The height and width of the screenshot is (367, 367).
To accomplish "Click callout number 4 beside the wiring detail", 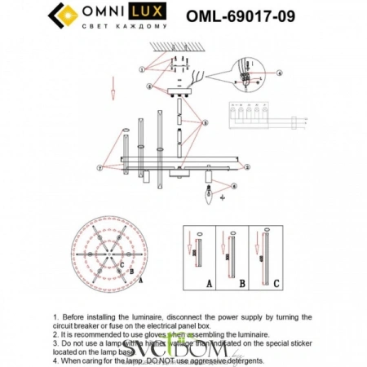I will (278, 73).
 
